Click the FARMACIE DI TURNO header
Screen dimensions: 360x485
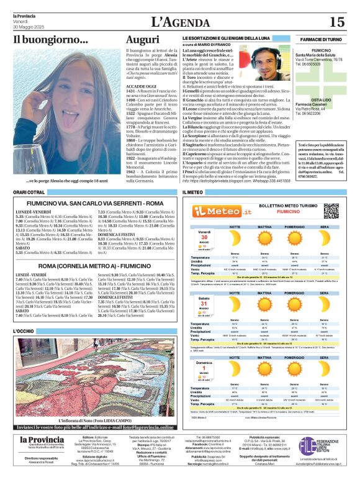tap(321, 39)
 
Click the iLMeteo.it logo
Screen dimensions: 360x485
tap(214, 211)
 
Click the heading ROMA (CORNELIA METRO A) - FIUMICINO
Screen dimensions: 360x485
tap(93, 266)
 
